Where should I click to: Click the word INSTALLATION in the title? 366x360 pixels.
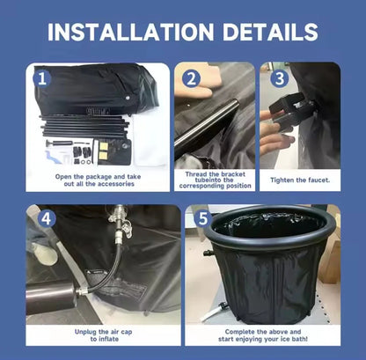131,32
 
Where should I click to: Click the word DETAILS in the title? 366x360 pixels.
270,32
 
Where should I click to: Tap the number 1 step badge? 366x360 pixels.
42,78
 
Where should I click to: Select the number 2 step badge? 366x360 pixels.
191,78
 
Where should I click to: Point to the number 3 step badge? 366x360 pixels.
280,78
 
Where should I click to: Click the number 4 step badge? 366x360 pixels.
47,218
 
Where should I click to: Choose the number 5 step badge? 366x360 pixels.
203,218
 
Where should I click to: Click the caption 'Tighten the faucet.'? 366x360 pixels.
300,180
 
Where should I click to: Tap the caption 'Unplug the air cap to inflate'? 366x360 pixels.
103,335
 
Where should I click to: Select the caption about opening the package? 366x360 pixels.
99,180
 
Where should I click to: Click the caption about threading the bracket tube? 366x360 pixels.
215,180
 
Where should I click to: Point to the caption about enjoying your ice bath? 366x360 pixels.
263,335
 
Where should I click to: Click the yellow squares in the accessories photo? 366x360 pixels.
103,151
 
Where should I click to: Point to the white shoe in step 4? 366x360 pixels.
43,253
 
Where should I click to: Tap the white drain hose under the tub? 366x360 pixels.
214,312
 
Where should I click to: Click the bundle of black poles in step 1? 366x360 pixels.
84,127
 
